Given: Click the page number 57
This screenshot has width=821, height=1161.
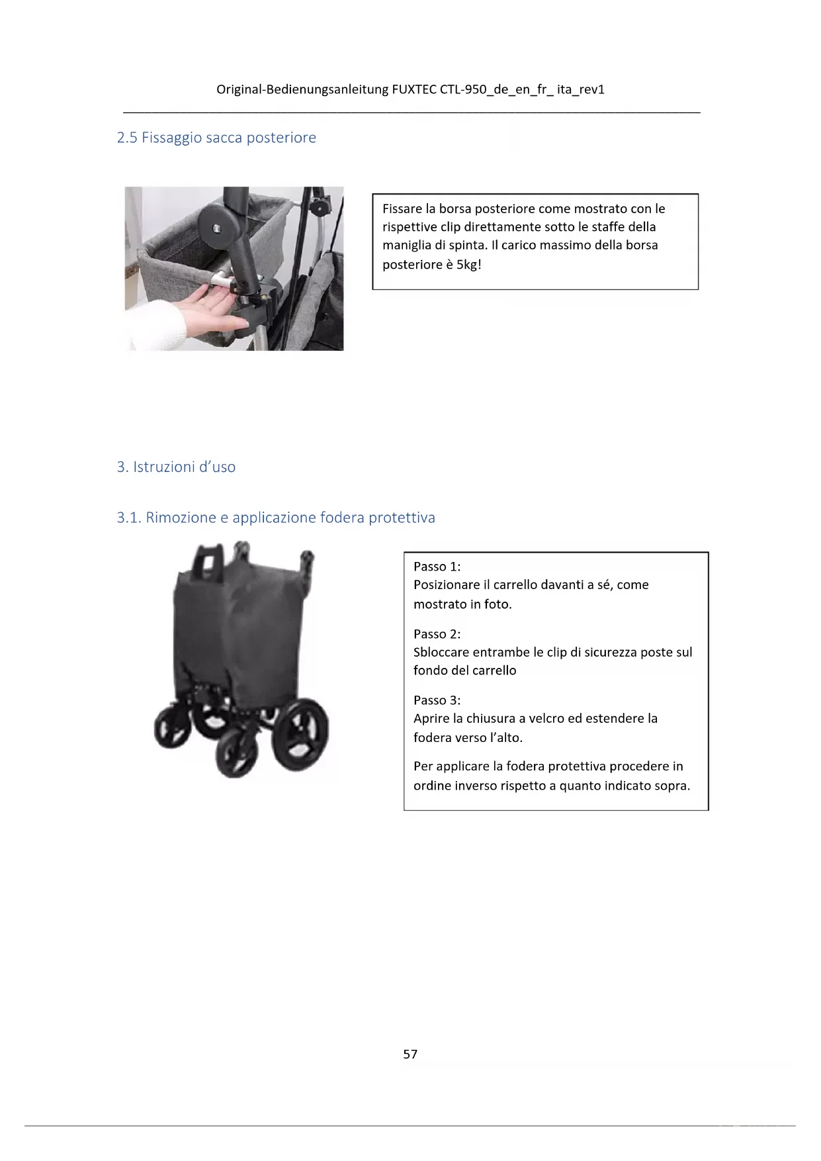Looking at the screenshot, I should [410, 1054].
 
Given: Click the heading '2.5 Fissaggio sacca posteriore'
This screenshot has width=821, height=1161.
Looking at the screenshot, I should [216, 138].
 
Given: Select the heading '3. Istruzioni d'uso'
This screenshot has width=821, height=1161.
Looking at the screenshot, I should [176, 467].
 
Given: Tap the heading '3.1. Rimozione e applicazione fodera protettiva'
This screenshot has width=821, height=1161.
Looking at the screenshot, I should [276, 518].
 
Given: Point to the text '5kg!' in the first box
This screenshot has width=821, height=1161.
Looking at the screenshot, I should [468, 265].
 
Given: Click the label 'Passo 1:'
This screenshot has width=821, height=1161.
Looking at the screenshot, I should [437, 567].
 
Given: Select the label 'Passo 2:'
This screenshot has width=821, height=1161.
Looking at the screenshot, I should [437, 634].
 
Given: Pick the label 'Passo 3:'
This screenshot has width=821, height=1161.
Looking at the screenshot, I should [437, 700].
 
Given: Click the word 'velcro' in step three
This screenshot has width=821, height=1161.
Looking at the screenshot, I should [550, 719].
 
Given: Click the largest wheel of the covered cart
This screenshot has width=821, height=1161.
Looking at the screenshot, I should [302, 733].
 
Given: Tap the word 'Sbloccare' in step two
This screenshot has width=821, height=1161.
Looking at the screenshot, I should [441, 653].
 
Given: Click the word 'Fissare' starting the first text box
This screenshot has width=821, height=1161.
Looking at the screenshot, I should [402, 209].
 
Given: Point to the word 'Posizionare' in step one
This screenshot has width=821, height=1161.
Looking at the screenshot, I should [447, 585].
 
